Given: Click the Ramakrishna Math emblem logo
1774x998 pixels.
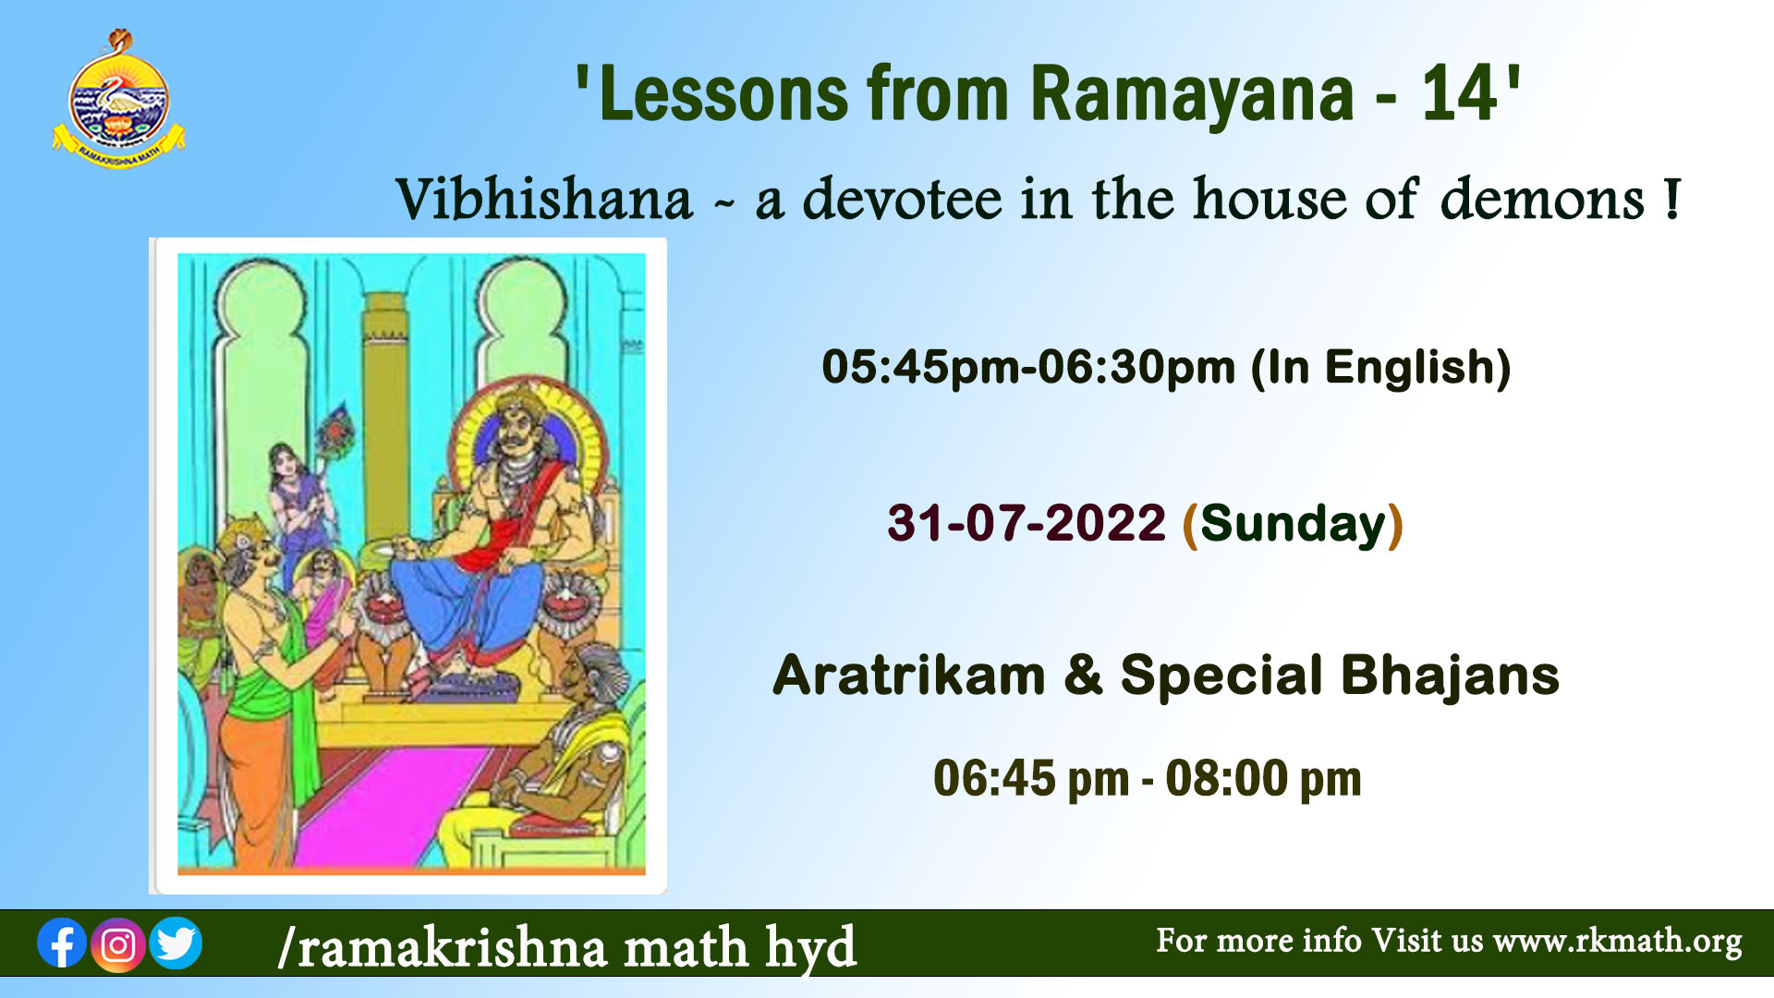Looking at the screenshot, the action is coord(118,100).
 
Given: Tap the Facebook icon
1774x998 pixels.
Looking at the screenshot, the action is coord(62,943).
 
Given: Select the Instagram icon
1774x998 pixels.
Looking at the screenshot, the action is coord(118,944).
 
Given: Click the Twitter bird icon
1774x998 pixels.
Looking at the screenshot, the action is coord(176,943).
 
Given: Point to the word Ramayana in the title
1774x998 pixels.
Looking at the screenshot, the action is coord(1192,94).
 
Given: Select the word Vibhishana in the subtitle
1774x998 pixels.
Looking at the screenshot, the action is coord(544,199).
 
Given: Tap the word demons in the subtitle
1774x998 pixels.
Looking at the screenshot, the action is coord(1542,199).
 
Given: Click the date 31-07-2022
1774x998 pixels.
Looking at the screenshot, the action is coord(1027,523).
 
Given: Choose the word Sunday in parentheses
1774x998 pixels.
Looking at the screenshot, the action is coord(1294,524).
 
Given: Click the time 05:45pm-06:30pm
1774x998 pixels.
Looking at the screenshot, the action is coord(1028,367).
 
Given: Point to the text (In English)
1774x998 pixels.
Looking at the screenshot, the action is coord(1381,368).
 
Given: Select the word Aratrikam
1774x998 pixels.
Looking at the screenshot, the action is coord(909,675).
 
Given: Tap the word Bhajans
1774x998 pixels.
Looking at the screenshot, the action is coord(1451,675).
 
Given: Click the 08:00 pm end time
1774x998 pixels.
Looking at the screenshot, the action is coord(1263,778).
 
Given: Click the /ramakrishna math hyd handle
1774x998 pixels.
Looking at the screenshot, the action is coord(567,947).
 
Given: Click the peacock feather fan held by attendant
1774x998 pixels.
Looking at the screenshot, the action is coord(333,432).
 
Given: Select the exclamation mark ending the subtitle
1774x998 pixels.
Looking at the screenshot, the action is coord(1671,199).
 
